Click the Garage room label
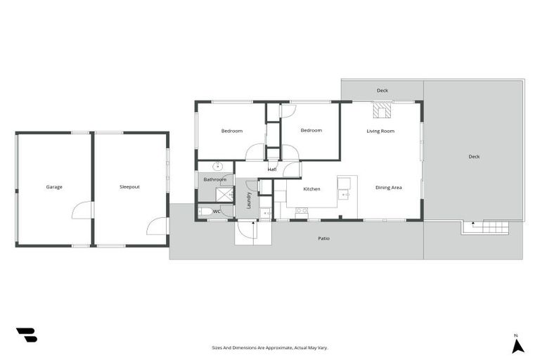click(x=54, y=187)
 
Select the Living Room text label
click(x=380, y=131)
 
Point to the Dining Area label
click(x=388, y=188)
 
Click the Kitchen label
click(x=311, y=189)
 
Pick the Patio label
click(x=323, y=238)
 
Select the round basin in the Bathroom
click(x=218, y=167)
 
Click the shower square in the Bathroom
click(x=225, y=194)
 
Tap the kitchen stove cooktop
click(x=301, y=211)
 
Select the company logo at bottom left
click(x=26, y=335)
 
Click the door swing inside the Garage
click(x=84, y=210)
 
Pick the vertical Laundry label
click(x=249, y=200)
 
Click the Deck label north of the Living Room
click(x=382, y=90)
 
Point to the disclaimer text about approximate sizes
click(x=270, y=347)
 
